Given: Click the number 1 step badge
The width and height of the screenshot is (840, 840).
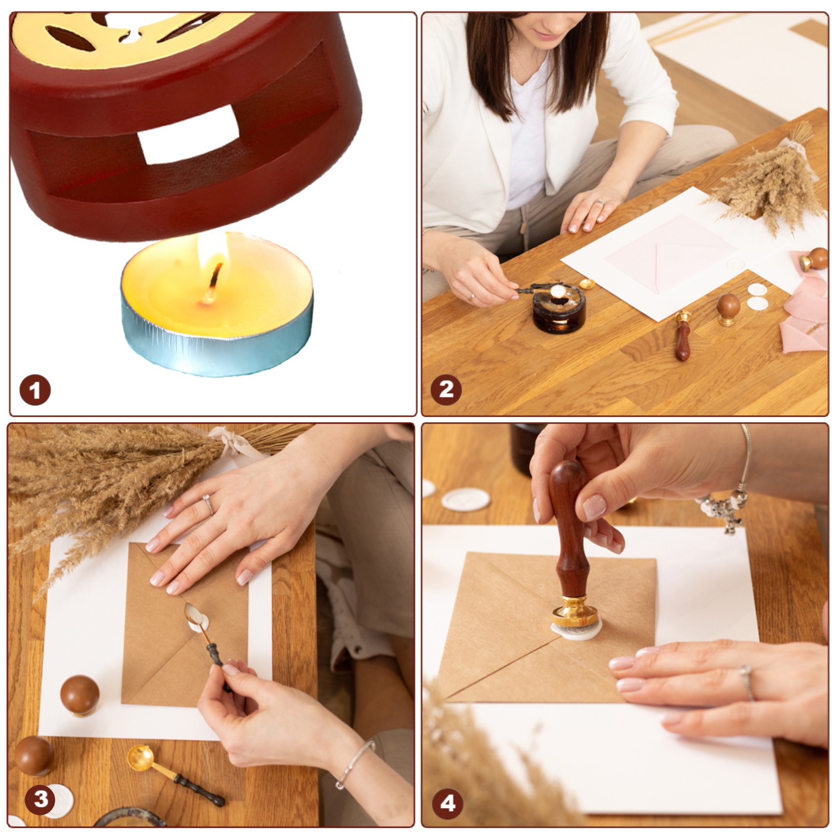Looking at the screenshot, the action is [x=35, y=390].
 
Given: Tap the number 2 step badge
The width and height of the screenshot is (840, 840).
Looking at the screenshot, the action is [x=446, y=390].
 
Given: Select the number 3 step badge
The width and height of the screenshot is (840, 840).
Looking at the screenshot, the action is [x=40, y=800].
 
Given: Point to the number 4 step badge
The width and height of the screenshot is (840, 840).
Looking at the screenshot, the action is [x=448, y=803].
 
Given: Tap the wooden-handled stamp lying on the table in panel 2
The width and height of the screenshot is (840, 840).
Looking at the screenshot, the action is [x=682, y=335].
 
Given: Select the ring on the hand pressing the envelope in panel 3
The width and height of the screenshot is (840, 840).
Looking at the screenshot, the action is [x=208, y=505].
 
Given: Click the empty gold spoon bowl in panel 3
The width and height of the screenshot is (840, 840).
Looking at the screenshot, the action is [x=140, y=758].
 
